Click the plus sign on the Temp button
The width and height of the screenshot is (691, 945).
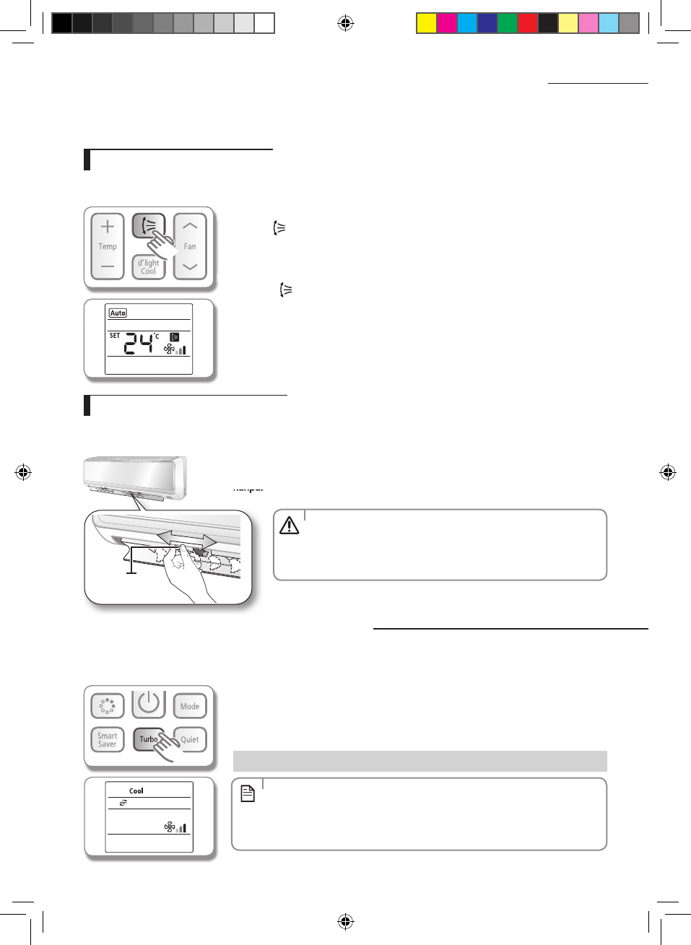point(108,227)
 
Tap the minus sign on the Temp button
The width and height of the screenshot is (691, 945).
point(108,266)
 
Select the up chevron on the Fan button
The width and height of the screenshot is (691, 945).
point(190,226)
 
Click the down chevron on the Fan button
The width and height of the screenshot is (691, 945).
point(190,267)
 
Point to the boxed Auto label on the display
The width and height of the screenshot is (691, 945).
point(118,313)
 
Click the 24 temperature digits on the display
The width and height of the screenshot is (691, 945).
point(139,344)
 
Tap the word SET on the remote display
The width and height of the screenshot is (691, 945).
point(115,336)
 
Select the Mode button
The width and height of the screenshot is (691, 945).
point(190,706)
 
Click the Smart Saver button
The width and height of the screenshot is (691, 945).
point(108,740)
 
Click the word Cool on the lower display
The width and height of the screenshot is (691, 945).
point(136,791)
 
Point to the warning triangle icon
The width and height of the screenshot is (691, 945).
point(289,526)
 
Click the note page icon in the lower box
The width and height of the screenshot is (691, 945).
point(248,794)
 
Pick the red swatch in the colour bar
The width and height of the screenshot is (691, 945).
point(527,23)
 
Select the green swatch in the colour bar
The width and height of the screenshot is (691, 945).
point(507,23)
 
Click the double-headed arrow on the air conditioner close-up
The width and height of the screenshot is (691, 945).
point(186,539)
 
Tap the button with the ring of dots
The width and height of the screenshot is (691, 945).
point(108,705)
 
